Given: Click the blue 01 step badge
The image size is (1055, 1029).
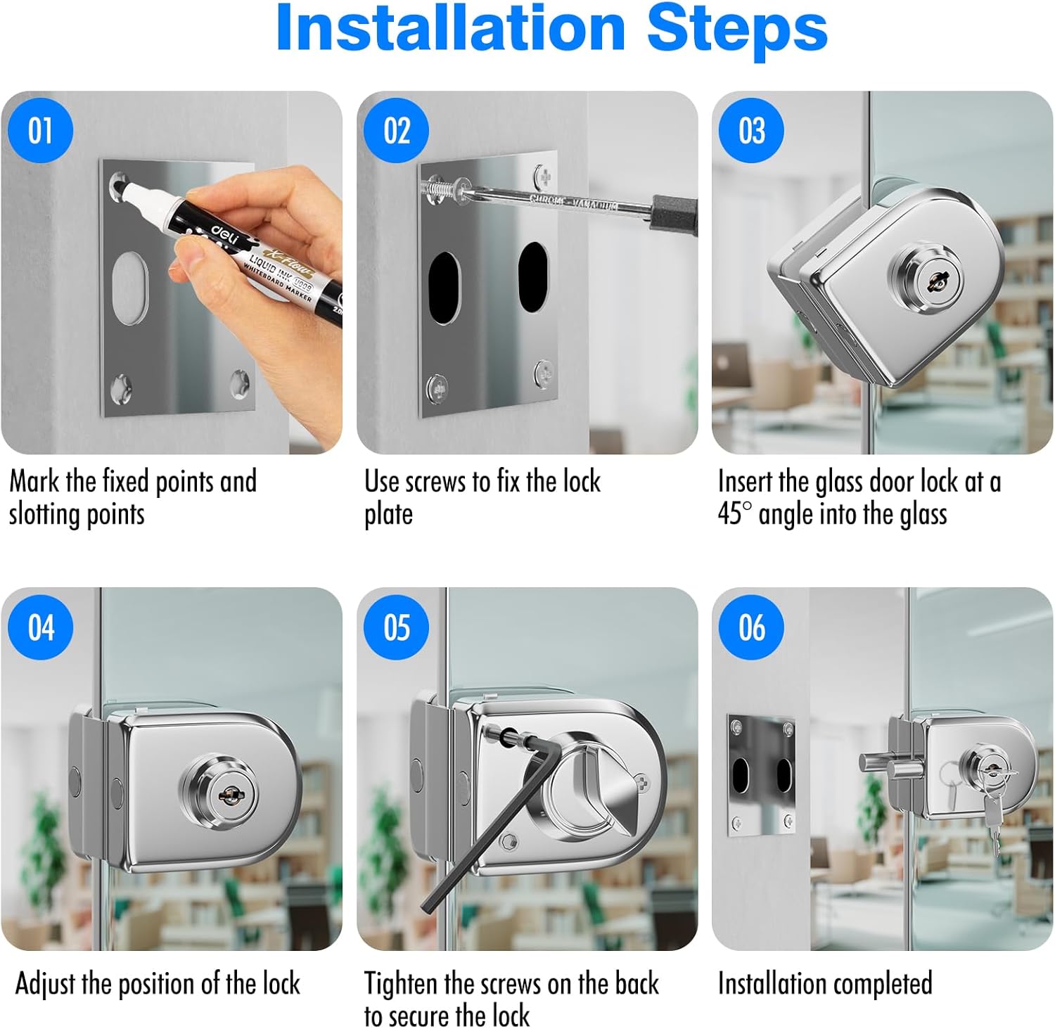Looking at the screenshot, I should [40, 131].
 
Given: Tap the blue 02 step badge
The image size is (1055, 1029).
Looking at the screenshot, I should [396, 131].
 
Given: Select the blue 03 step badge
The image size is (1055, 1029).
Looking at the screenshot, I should [751, 131].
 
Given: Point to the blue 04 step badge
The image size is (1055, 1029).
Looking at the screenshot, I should [40, 627].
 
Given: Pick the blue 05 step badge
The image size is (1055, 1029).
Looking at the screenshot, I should [396, 627].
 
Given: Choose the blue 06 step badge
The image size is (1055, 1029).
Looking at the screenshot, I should [751, 627].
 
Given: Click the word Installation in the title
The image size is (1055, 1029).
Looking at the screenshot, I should [450, 28].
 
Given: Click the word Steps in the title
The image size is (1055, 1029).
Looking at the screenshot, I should [736, 28].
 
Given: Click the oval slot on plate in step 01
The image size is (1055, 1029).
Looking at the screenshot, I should [131, 288].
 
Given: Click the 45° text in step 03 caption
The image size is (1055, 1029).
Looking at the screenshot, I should [734, 514].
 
